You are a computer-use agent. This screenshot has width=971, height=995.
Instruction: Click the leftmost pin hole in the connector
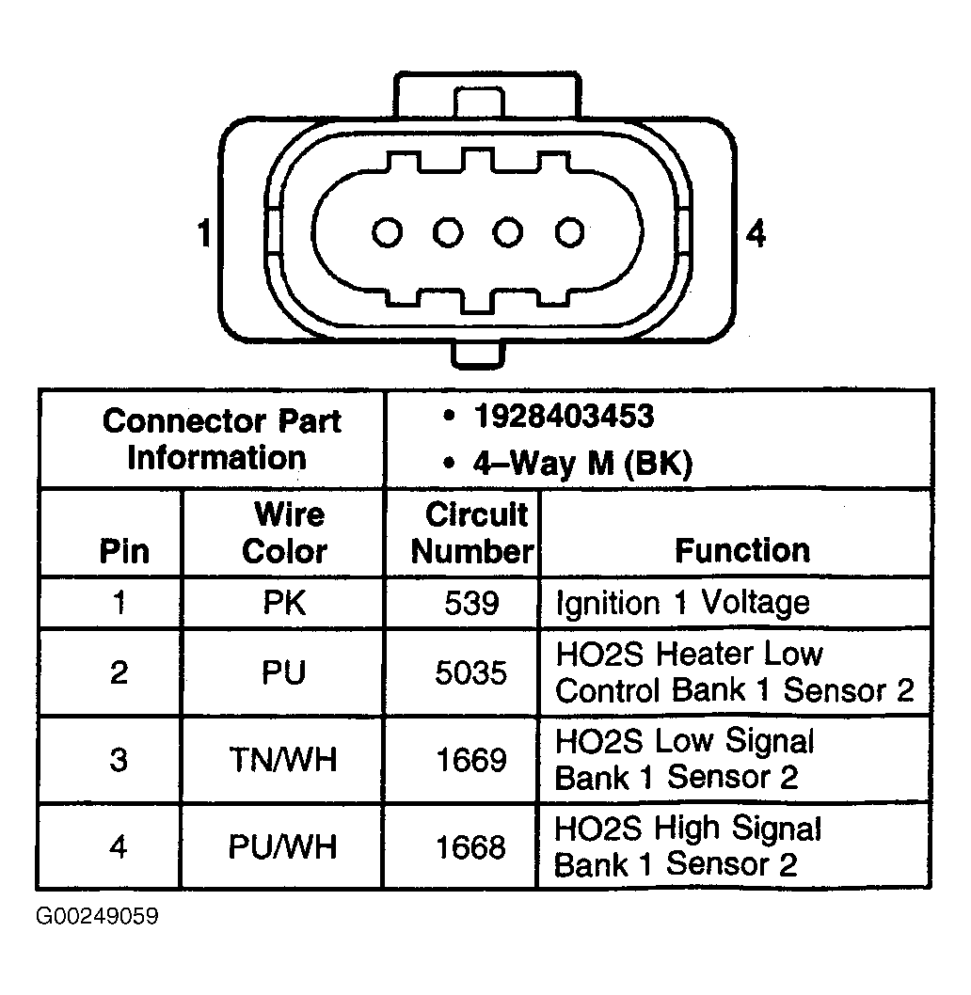pyautogui.click(x=388, y=232)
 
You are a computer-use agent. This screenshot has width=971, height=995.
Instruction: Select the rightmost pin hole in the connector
pyautogui.click(x=569, y=232)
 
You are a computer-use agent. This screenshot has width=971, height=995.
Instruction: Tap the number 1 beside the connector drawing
pyautogui.click(x=204, y=233)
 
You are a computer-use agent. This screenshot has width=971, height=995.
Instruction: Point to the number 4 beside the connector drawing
pyautogui.click(x=756, y=233)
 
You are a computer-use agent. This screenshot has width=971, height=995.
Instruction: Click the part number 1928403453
pyautogui.click(x=564, y=417)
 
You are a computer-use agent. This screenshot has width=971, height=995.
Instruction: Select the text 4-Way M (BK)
pyautogui.click(x=582, y=464)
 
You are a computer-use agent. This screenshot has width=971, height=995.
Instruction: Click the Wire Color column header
pyautogui.click(x=286, y=531)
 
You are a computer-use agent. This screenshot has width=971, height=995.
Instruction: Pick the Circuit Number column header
pyautogui.click(x=472, y=531)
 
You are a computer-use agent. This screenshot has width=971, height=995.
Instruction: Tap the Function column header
pyautogui.click(x=742, y=550)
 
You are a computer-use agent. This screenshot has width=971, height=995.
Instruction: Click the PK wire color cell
pyautogui.click(x=284, y=602)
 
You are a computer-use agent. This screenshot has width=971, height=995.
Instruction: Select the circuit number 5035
pyautogui.click(x=471, y=672)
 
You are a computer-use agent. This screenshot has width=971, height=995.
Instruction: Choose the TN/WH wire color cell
pyautogui.click(x=283, y=760)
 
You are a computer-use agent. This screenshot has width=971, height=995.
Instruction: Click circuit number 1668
pyautogui.click(x=471, y=847)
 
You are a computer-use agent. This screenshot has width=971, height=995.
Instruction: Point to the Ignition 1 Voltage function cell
pyautogui.click(x=683, y=603)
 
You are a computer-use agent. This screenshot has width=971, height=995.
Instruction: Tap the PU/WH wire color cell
pyautogui.click(x=283, y=847)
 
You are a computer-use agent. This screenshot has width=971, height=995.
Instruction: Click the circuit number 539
pyautogui.click(x=471, y=602)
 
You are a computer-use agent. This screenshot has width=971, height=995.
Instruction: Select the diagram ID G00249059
pyautogui.click(x=97, y=916)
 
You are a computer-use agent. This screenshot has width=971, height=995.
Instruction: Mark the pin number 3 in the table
pyautogui.click(x=119, y=760)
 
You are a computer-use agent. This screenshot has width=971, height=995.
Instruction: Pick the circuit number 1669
pyautogui.click(x=471, y=760)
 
